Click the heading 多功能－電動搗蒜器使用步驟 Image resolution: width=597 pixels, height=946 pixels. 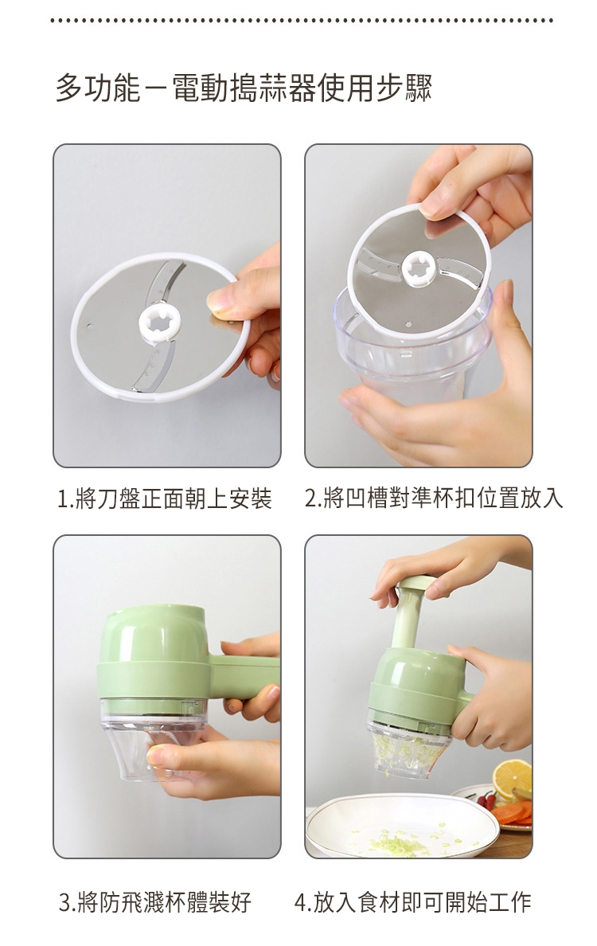(x=244, y=88)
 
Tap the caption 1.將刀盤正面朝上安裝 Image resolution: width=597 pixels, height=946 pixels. (x=165, y=498)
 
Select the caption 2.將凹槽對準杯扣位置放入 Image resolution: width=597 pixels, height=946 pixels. (x=434, y=498)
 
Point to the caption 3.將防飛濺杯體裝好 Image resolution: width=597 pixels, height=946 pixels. (x=155, y=902)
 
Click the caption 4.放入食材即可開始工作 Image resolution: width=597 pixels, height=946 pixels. (x=412, y=902)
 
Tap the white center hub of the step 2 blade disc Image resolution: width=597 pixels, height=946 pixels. (x=419, y=268)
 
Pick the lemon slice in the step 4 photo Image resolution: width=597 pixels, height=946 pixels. (x=512, y=778)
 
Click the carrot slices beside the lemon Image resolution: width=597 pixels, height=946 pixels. (x=513, y=812)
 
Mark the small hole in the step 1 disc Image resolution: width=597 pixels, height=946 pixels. (x=90, y=326)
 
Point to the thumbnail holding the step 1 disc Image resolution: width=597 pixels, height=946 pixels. (x=220, y=299)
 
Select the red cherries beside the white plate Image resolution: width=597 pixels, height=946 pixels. (x=487, y=800)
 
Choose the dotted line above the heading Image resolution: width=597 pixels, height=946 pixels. (x=302, y=21)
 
